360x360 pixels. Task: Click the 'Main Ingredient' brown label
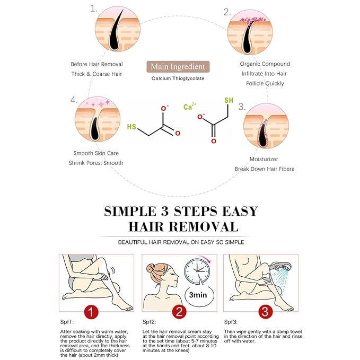coord(178,67)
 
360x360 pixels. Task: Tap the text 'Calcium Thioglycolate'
coord(178,78)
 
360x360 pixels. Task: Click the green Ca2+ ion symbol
coord(190,106)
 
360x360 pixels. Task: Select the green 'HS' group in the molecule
coord(131,127)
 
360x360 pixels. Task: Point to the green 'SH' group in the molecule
coord(229,100)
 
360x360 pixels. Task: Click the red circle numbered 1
coord(91,312)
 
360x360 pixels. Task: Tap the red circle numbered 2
coord(179,312)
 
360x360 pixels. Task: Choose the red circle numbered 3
coord(265,312)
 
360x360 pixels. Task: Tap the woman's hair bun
coord(152,268)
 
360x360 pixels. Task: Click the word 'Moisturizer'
coord(264,159)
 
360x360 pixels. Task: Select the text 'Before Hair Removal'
coord(96,64)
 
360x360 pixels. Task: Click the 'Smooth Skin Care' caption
coord(96,153)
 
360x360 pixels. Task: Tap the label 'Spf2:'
coord(149,322)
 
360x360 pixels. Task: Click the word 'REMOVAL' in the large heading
coord(204,227)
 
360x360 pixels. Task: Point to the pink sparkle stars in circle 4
coord(98,103)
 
